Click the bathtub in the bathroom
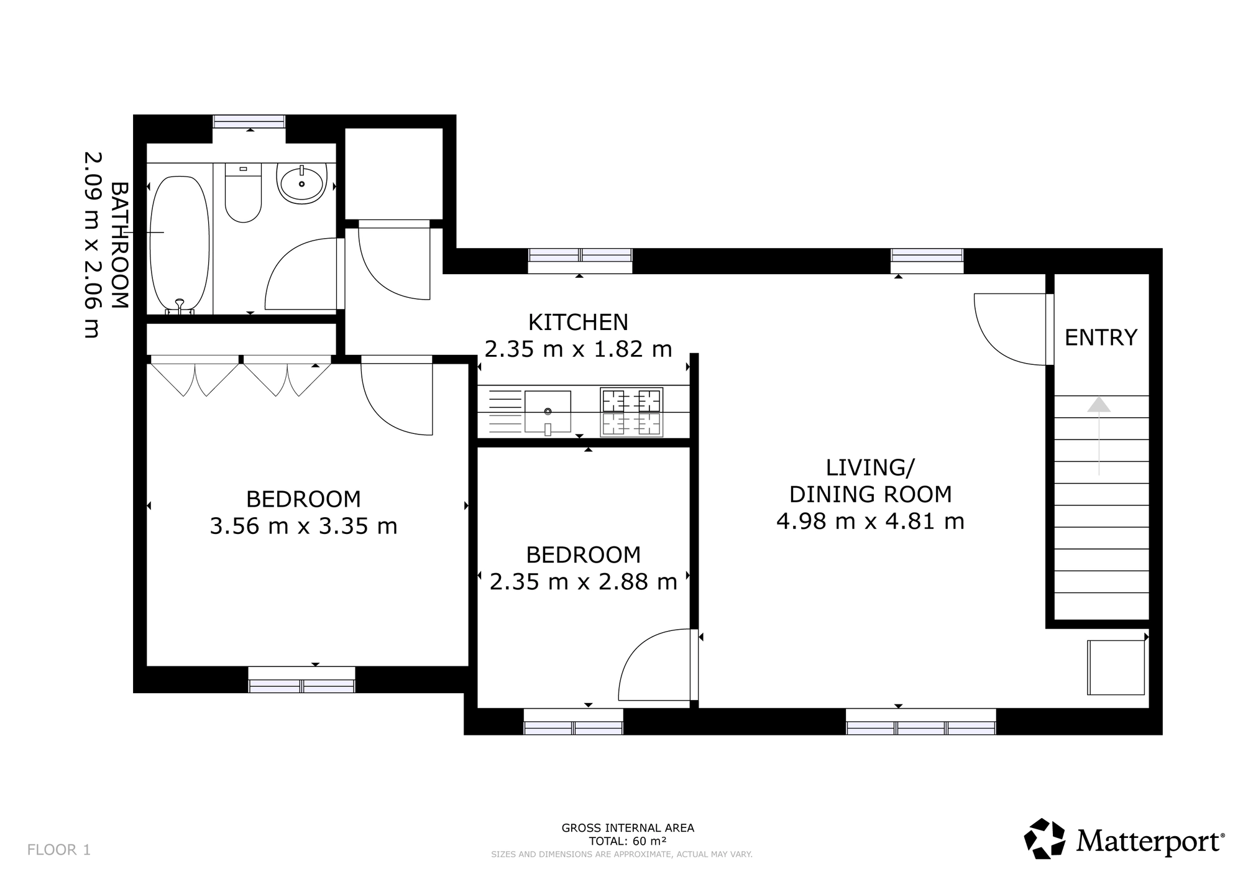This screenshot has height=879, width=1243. [x=180, y=243]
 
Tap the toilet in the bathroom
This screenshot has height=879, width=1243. [x=243, y=193]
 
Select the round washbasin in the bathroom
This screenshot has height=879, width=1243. [x=302, y=183]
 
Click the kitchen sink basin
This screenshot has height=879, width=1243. [x=548, y=411]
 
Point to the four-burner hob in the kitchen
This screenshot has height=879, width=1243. [x=631, y=412]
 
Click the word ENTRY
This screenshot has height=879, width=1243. [x=1101, y=338]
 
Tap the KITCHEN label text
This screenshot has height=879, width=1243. [x=578, y=322]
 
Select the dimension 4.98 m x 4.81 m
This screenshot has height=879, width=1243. [x=870, y=520]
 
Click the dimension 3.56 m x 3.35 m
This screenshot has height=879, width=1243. [x=303, y=526]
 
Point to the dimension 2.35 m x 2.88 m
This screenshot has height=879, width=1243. [x=583, y=582]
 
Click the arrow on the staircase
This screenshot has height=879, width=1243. [x=1099, y=436]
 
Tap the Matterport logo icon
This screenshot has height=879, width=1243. [x=1045, y=839]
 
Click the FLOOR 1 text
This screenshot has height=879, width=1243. [x=59, y=850]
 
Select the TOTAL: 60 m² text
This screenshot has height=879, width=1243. [x=628, y=841]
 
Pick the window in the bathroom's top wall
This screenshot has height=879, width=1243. [x=249, y=121]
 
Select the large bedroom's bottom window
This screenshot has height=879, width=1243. [x=301, y=679]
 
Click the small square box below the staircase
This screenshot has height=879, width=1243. [x=1116, y=667]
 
